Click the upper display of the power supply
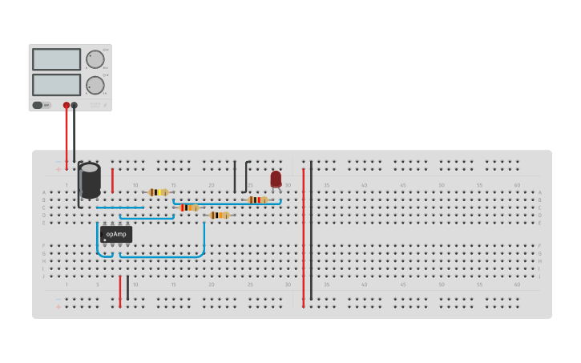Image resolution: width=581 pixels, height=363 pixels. tap(56, 59)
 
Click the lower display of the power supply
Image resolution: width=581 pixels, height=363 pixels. tap(56, 84)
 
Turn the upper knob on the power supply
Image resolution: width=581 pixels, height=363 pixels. tap(95, 59)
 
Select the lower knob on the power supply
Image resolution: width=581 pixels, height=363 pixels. tap(95, 85)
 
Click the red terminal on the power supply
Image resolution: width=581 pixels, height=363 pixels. tap(67, 105)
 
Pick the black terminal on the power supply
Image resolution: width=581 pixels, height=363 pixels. tap(75, 105)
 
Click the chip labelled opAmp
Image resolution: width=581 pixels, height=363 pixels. tap(116, 234)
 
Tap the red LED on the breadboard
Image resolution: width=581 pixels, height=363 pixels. tap(276, 179)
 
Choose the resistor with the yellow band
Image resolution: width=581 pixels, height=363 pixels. tap(159, 192)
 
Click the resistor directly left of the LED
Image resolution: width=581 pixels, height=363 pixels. tap(256, 200)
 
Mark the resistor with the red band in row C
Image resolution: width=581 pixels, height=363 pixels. tap(188, 208)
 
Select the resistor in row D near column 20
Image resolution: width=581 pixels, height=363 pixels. tap(219, 215)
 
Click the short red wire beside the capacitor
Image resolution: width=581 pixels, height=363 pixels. tap(112, 180)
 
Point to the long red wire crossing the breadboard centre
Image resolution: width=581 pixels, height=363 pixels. tap(304, 240)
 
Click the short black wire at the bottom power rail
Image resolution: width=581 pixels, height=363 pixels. tap(127, 288)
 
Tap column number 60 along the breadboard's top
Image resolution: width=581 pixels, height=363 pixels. tap(517, 185)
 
